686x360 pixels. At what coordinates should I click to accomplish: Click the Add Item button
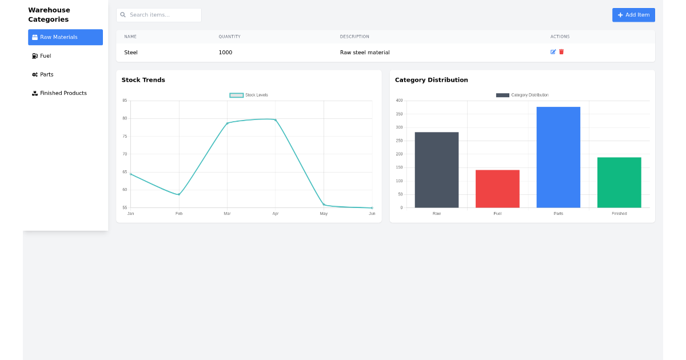(x=633, y=15)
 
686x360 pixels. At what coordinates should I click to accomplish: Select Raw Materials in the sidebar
(x=65, y=37)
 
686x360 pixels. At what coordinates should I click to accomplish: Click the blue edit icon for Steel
(x=553, y=52)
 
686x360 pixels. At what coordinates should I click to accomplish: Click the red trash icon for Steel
(x=561, y=52)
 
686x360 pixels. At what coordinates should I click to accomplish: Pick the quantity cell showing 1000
(x=225, y=53)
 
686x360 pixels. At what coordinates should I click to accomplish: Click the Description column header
(x=354, y=37)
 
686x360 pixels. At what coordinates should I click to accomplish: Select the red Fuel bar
(x=497, y=189)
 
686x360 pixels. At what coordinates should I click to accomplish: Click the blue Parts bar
(x=558, y=157)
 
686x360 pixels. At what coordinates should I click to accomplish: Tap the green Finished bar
(x=619, y=182)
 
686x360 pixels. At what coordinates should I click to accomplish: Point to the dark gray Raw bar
(x=437, y=170)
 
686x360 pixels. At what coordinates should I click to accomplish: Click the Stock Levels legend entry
(x=249, y=95)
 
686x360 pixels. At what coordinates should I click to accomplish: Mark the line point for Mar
(x=227, y=123)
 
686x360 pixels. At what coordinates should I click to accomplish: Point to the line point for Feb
(x=179, y=194)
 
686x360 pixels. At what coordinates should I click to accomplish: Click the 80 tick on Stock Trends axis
(x=125, y=118)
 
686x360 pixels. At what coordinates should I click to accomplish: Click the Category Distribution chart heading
(x=431, y=80)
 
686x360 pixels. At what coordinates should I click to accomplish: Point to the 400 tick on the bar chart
(x=399, y=101)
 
